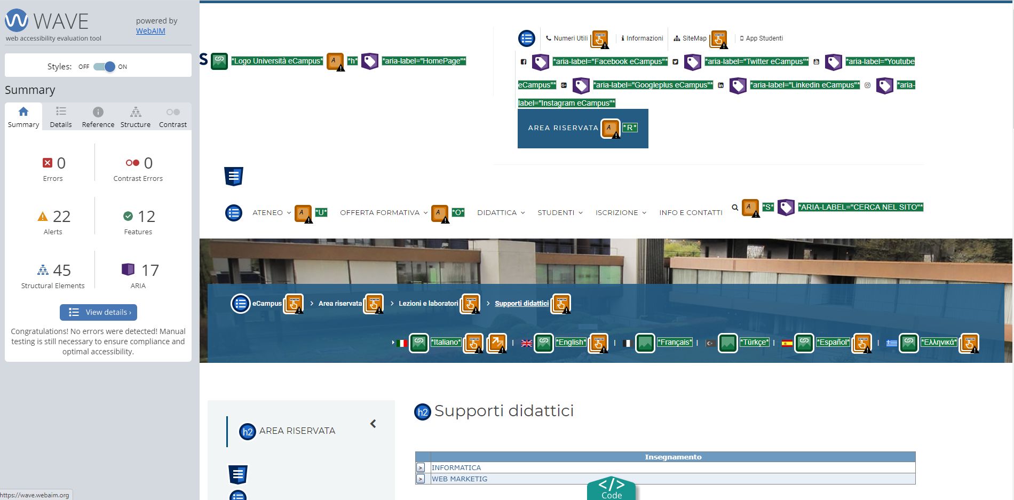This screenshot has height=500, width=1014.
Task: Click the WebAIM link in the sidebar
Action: click(150, 31)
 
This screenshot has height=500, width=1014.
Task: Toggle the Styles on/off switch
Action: click(104, 67)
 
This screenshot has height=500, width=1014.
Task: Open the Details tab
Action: click(61, 117)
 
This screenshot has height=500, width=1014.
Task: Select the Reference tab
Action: click(98, 117)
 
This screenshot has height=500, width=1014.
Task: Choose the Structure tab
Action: click(136, 117)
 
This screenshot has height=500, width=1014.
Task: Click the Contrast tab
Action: click(173, 117)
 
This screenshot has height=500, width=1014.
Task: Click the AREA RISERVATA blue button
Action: click(583, 128)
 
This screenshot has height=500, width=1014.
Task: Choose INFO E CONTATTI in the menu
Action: click(691, 212)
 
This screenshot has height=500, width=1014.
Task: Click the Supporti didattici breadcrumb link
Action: click(521, 303)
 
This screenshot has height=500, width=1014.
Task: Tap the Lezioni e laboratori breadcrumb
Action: click(428, 303)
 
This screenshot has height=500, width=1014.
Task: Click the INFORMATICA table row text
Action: click(456, 467)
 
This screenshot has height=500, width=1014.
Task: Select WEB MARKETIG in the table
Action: click(459, 479)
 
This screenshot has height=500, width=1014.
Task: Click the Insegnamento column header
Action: click(673, 457)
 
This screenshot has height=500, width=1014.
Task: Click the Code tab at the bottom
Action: click(612, 489)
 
